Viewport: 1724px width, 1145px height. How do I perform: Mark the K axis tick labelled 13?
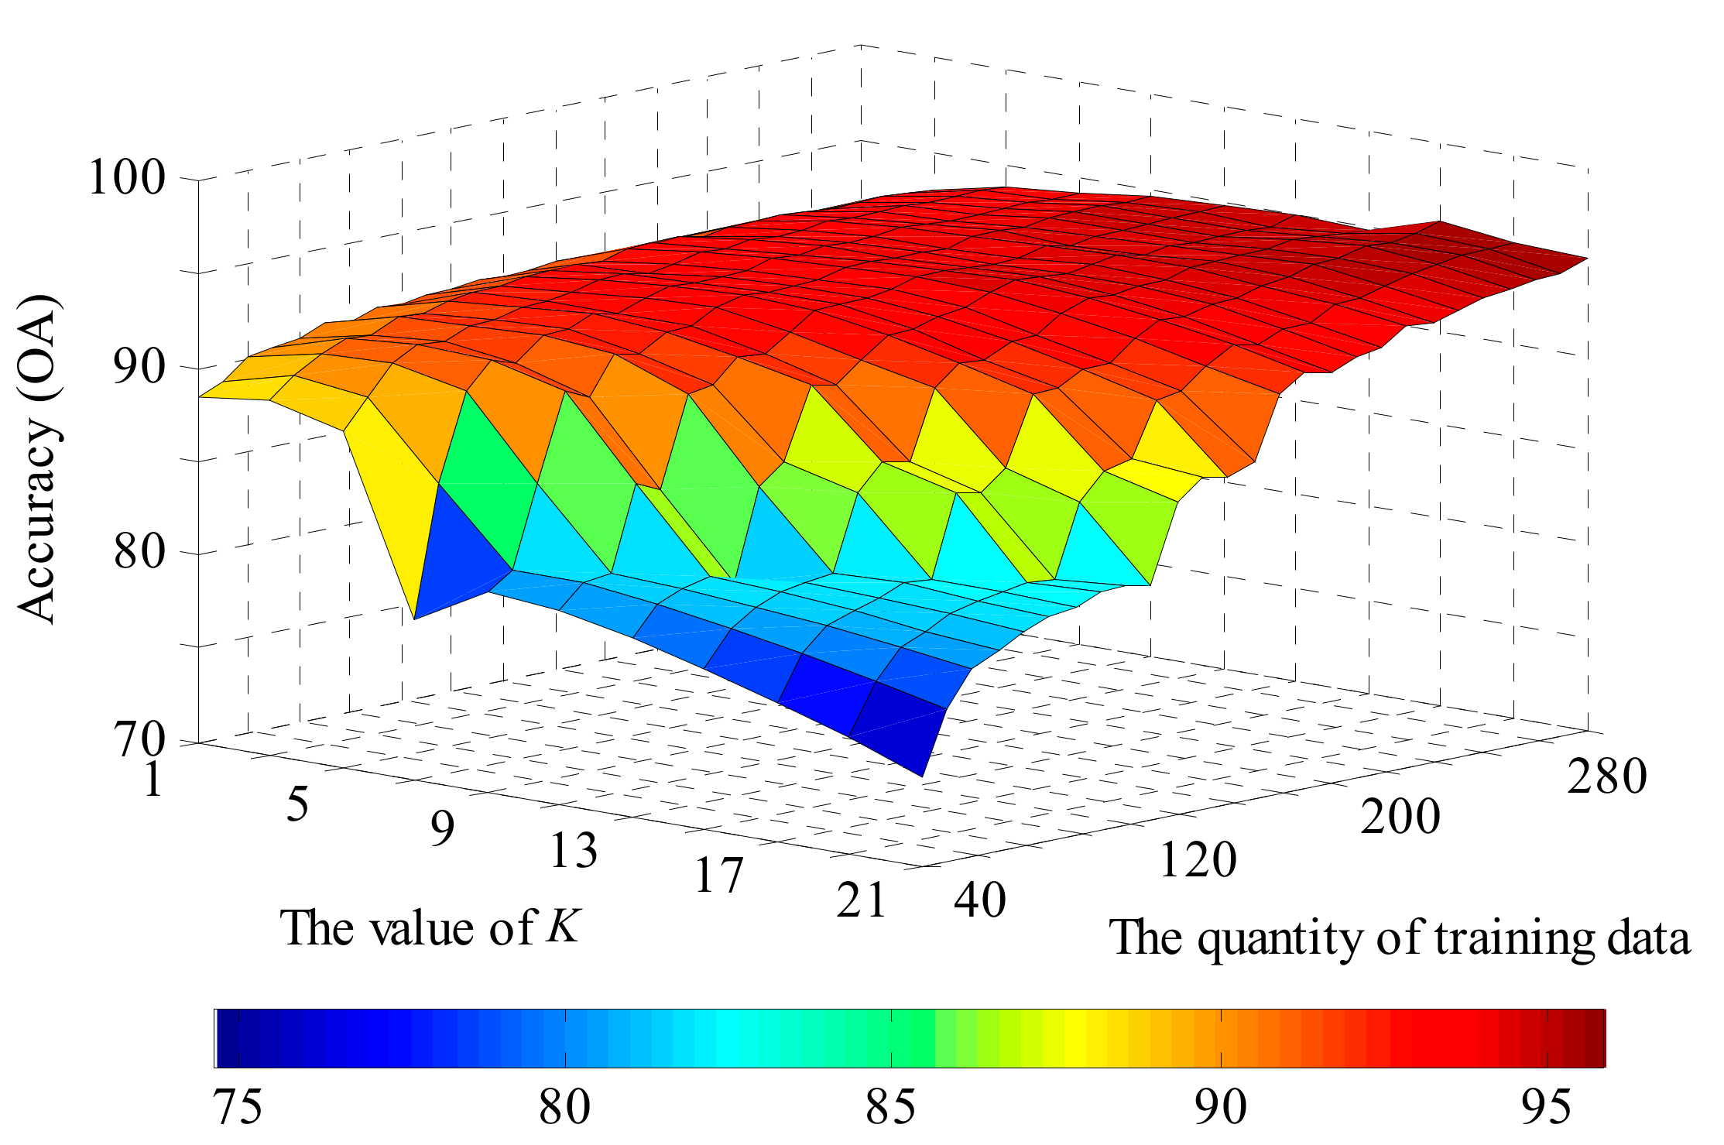[574, 850]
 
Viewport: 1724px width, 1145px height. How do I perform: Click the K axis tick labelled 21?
[862, 900]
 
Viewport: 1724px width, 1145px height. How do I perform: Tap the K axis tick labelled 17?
[718, 876]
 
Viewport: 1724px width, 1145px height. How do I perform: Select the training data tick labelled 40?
[980, 900]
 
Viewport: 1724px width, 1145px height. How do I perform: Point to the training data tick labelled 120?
[1198, 859]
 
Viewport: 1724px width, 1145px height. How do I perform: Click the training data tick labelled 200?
[1400, 817]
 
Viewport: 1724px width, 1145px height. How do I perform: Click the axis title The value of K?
[430, 928]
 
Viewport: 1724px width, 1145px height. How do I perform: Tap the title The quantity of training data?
[1400, 938]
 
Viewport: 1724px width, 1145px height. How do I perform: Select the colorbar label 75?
[238, 1107]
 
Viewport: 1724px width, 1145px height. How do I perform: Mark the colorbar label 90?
[1220, 1107]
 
